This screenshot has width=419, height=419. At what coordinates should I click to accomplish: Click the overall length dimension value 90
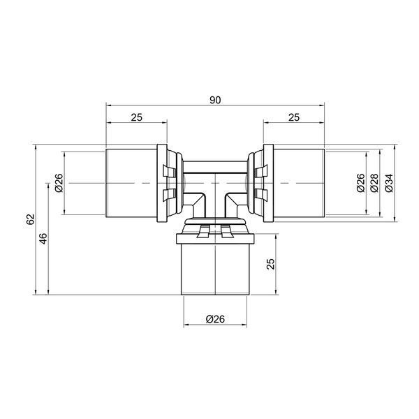tap(215, 100)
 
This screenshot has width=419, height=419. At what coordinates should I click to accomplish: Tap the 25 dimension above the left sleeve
tap(137, 117)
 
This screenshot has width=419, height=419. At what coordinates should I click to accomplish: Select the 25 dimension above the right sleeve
tap(294, 117)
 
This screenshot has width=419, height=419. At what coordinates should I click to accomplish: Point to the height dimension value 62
tap(30, 219)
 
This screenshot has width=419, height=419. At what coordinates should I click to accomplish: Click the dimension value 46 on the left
tap(43, 239)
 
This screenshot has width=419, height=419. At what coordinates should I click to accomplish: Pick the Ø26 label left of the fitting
tap(59, 183)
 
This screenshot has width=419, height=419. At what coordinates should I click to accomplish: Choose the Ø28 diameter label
tap(374, 183)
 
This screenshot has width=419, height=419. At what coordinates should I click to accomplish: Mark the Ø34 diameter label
tap(389, 183)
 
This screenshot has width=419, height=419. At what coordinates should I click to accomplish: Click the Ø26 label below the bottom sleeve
tap(215, 319)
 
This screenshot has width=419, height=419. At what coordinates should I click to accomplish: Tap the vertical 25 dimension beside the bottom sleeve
tap(270, 264)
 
